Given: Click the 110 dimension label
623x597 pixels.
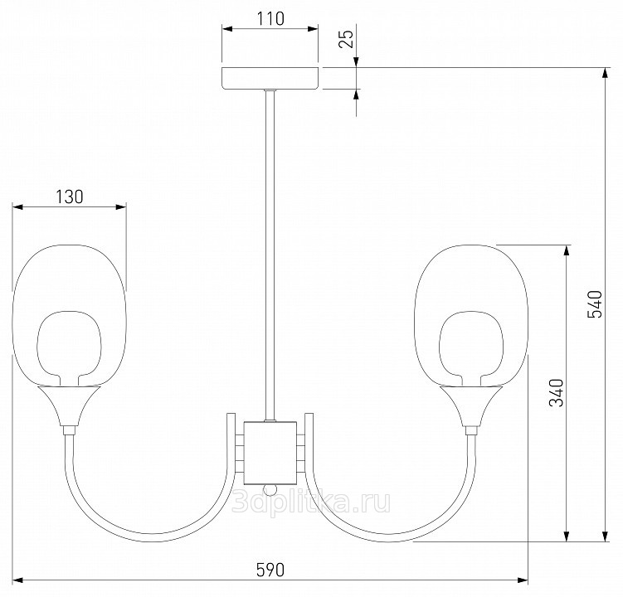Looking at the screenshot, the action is coord(270,19).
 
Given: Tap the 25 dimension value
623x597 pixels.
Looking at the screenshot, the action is coord(347,38).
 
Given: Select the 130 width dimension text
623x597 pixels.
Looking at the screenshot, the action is coord(69,197).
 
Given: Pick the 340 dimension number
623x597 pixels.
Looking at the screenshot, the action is coord(557,393).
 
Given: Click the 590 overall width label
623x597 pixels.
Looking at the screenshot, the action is coord(270,570).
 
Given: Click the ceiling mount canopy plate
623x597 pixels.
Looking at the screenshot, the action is coord(270,79).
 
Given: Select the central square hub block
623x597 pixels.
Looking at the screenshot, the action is coord(270,453).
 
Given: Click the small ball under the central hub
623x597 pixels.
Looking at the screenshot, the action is coord(270,490).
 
